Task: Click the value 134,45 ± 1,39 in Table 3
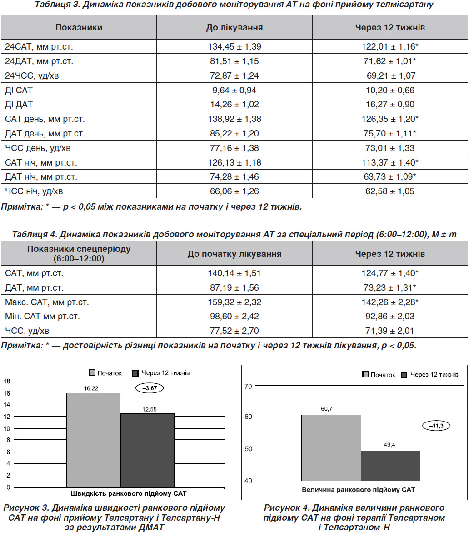click(234, 46)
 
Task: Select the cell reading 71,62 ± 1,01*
click(390, 61)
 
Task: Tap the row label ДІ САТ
click(19, 91)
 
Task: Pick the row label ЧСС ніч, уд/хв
click(34, 191)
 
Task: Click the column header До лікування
click(234, 28)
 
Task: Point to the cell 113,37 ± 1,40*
click(390, 162)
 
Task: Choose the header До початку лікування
click(234, 254)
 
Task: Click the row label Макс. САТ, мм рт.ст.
click(47, 302)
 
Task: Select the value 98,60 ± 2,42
click(234, 317)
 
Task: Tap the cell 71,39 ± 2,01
click(390, 331)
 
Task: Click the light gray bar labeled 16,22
click(94, 440)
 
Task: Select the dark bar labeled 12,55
click(147, 450)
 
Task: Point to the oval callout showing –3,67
click(150, 388)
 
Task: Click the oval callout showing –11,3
click(436, 426)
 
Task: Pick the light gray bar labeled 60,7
click(331, 448)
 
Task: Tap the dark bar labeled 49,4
click(390, 466)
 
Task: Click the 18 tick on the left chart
click(7, 382)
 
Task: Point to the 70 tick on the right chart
click(248, 386)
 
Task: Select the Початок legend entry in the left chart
click(105, 373)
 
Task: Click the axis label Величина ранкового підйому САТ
click(358, 490)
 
